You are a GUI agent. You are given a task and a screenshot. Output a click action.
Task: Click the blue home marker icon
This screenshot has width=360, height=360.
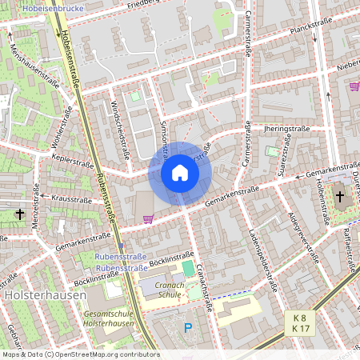(180, 173)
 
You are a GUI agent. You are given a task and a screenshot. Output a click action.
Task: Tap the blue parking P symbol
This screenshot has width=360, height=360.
(188, 327)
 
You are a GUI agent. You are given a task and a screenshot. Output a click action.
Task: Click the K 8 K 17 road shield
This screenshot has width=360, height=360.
(301, 322)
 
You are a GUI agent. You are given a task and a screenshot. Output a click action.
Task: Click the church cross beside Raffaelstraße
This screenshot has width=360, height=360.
(339, 196)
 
